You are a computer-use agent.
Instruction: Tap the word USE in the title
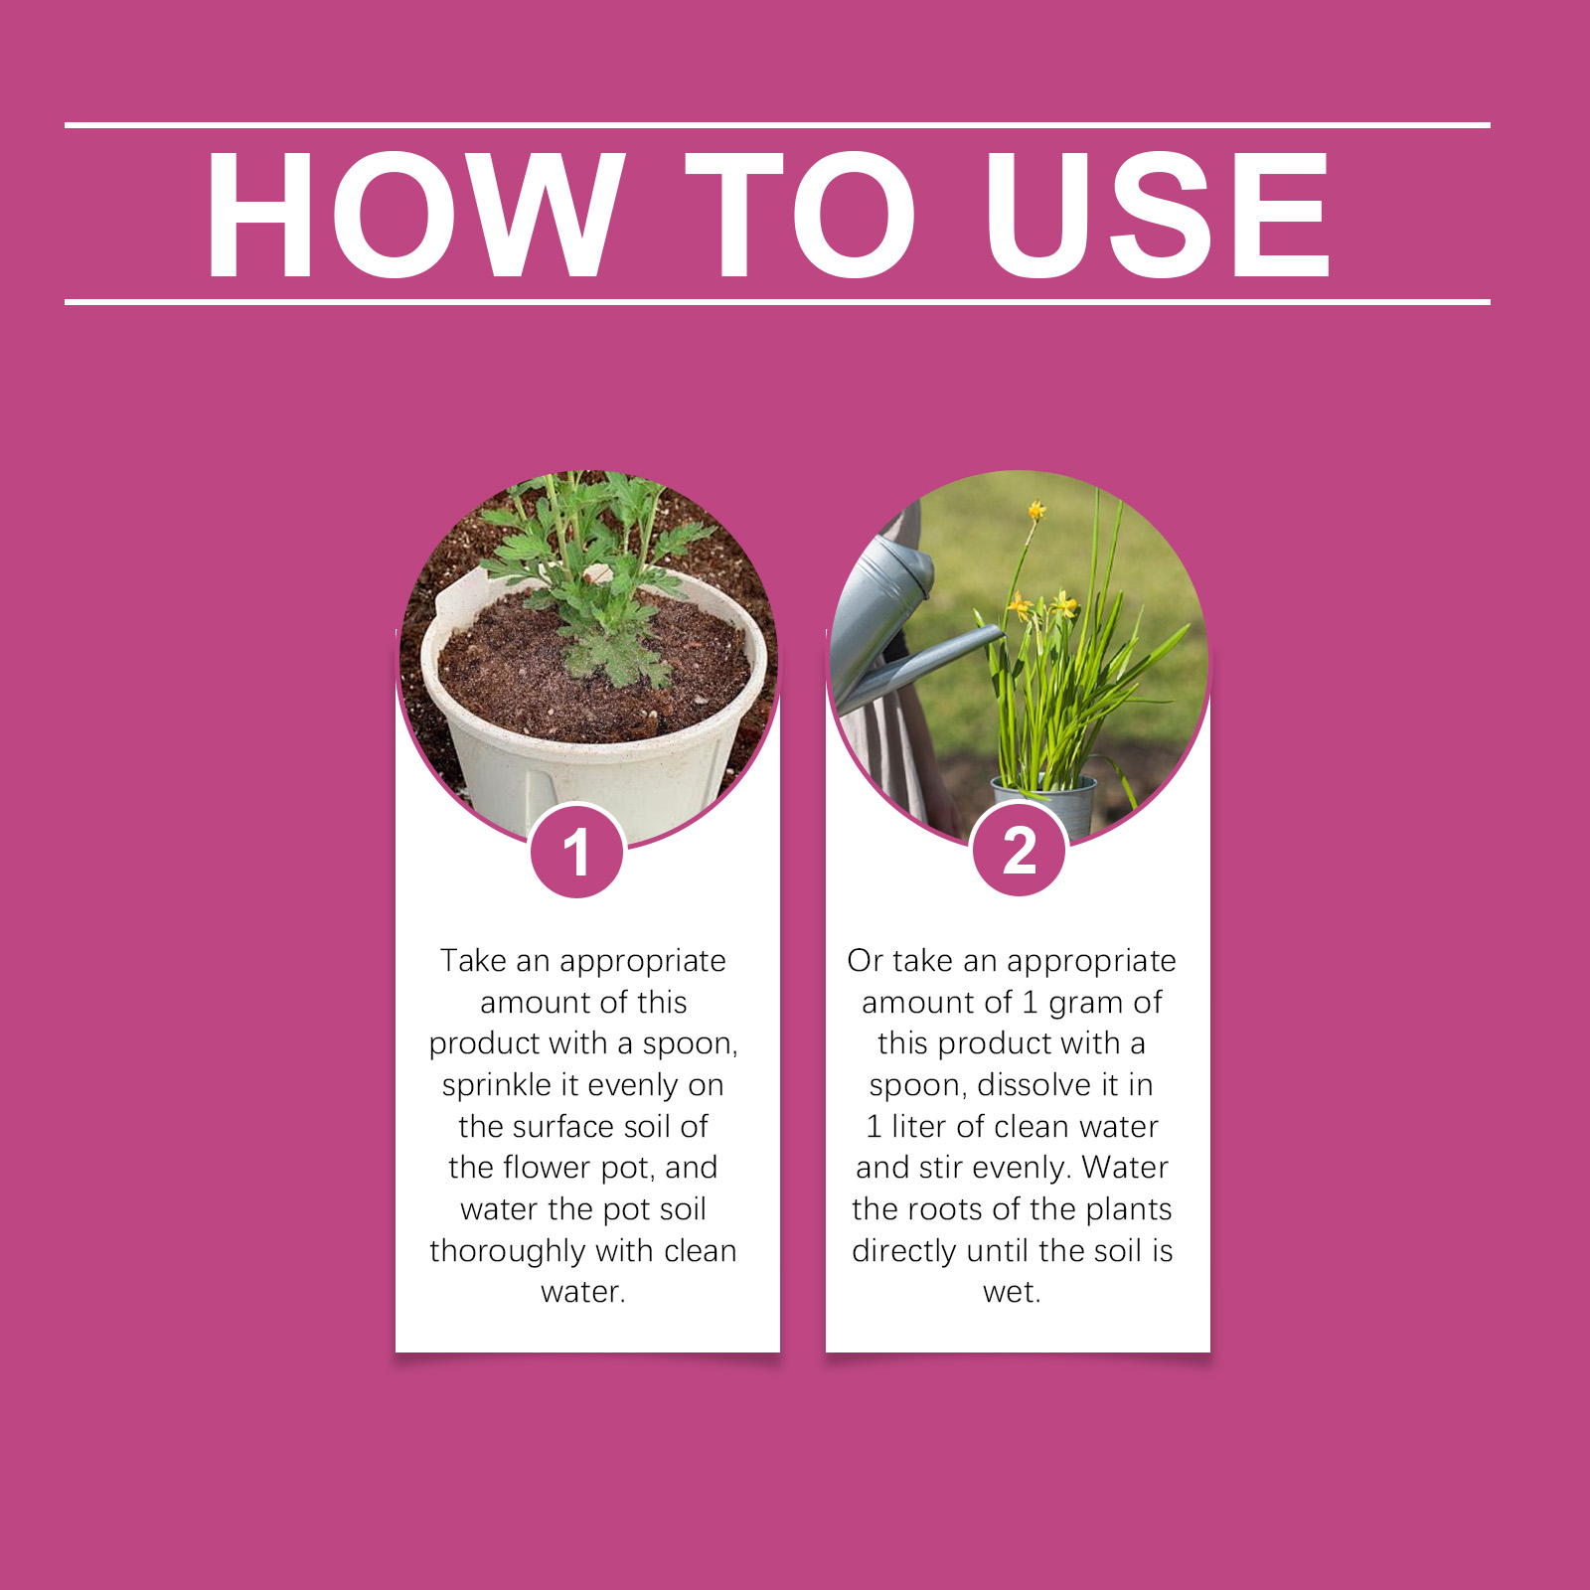coord(1158,215)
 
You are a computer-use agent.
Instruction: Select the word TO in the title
coord(801,215)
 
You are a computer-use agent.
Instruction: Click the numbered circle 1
coord(577,852)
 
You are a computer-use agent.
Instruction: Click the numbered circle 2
coord(1020,851)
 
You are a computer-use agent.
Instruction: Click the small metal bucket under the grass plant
coord(1043,803)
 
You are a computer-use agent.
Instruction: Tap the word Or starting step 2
coord(865,960)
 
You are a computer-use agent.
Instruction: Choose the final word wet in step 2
coord(1010,1292)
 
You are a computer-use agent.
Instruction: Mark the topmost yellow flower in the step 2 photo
coord(1036,511)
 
